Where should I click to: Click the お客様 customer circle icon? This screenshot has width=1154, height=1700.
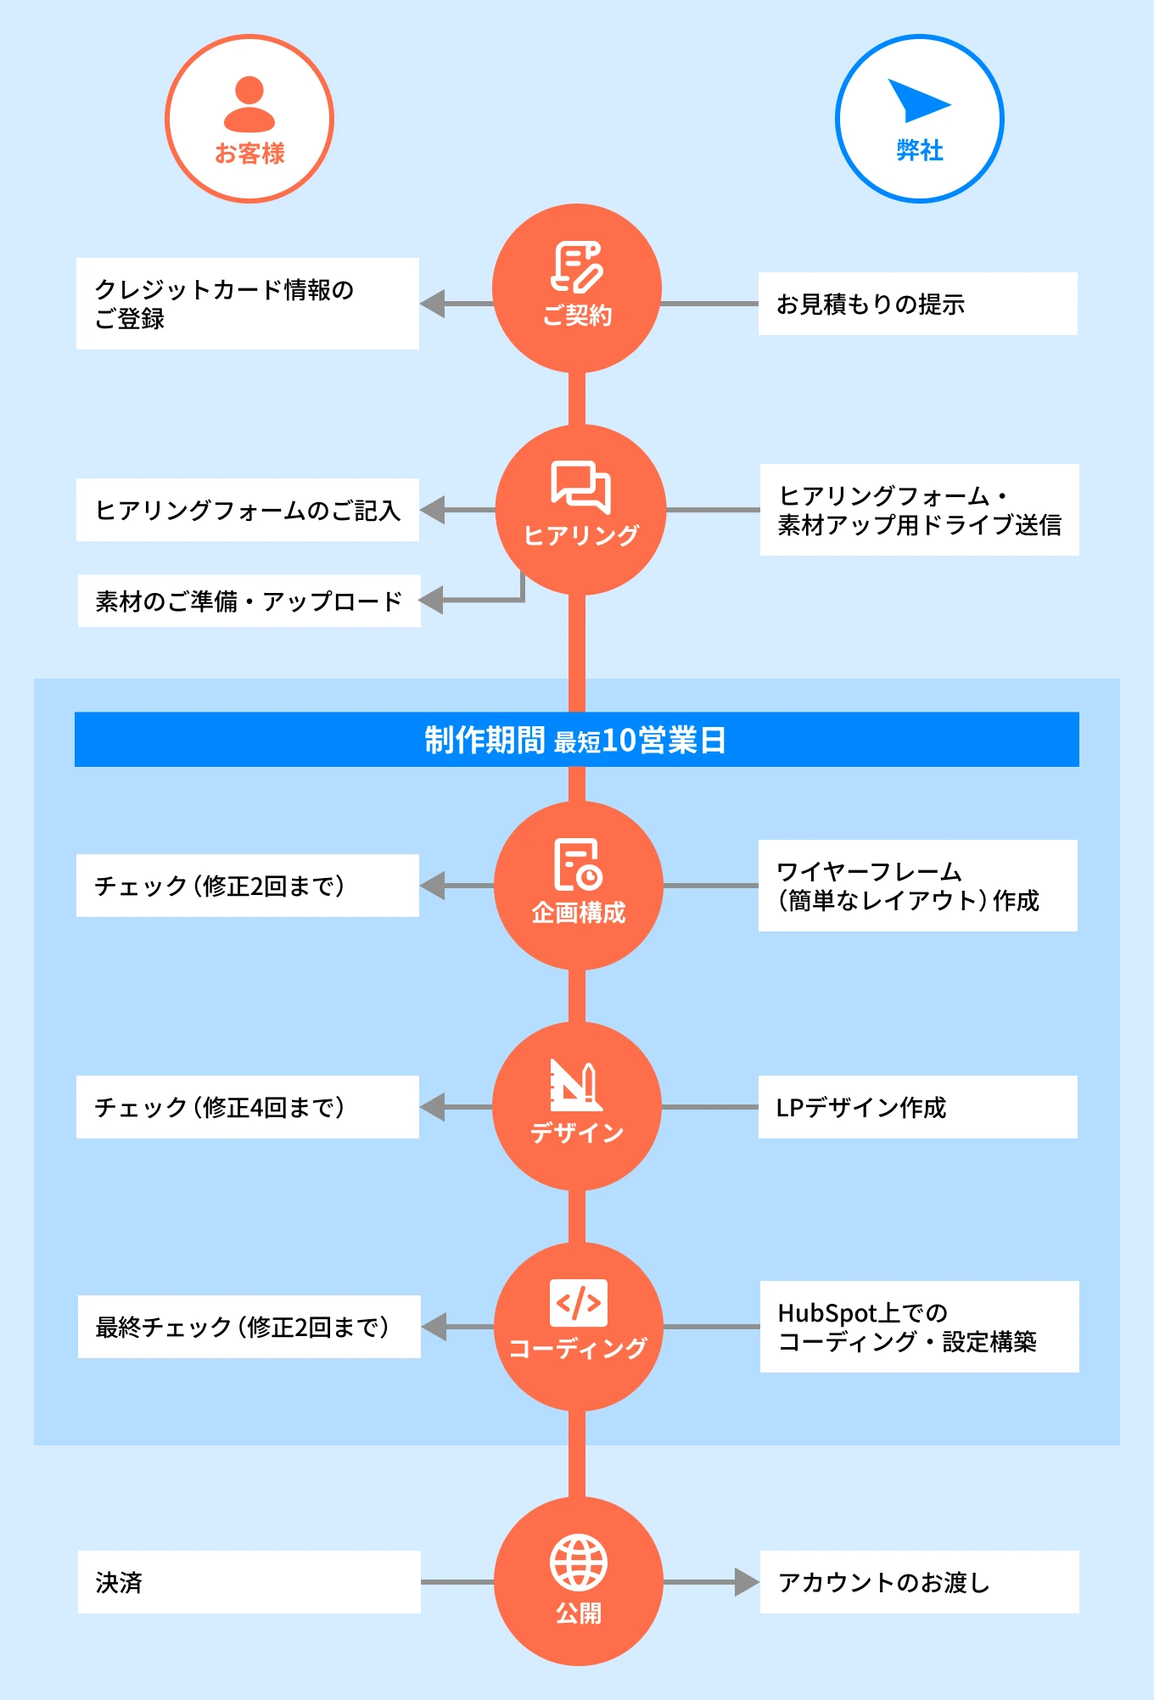pos(249,119)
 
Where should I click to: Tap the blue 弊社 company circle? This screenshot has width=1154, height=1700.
pos(919,119)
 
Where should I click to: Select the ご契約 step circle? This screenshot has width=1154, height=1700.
pos(577,288)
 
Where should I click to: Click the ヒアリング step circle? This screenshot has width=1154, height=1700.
pos(580,510)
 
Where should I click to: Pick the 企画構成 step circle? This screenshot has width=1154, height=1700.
pos(578,885)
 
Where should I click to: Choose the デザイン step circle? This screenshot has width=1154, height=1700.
pos(577,1106)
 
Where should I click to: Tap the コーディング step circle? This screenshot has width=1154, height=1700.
pos(578,1327)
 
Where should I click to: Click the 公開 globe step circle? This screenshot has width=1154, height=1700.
pos(578,1581)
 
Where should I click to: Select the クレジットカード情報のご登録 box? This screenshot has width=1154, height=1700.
pos(248,304)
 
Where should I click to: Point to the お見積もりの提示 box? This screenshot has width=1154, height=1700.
pos(917,304)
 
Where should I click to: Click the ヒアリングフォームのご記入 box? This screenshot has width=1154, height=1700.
pos(248,510)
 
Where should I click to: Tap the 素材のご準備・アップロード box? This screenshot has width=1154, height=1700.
pos(249,601)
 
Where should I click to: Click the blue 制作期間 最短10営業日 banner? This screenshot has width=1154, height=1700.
pos(577,740)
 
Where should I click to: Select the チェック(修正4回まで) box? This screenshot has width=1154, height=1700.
pos(248,1107)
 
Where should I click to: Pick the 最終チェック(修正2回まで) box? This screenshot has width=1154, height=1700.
pos(249,1327)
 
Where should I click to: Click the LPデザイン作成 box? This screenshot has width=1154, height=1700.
pos(917,1107)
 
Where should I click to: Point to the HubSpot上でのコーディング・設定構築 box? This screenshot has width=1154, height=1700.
pos(919,1327)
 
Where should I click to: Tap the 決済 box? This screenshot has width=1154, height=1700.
pos(249,1582)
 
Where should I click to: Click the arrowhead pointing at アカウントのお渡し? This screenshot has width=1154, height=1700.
pos(747,1582)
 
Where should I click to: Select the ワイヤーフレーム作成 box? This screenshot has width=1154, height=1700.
pos(917,886)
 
